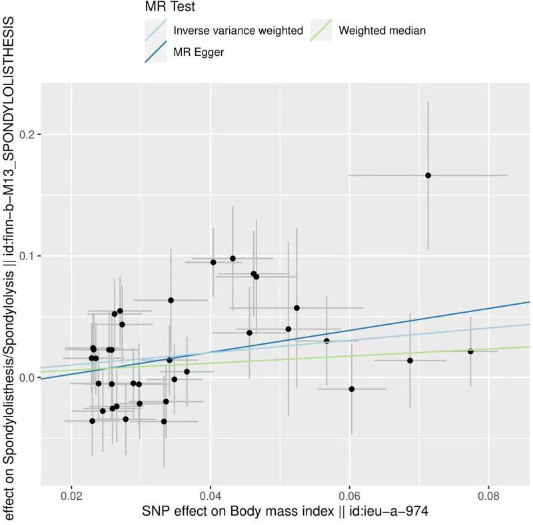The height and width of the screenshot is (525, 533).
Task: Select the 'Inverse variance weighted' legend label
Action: click(238, 31)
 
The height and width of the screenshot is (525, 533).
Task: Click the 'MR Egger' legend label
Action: click(199, 53)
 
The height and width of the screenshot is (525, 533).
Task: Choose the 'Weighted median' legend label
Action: click(382, 31)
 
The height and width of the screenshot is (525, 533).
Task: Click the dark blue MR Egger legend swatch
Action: click(155, 53)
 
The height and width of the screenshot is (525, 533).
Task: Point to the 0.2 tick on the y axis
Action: click(27, 134)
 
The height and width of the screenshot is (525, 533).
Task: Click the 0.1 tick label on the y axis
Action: click(27, 256)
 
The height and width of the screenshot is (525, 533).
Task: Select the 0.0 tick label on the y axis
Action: click(27, 377)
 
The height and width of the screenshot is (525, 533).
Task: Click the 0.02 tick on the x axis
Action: click(71, 496)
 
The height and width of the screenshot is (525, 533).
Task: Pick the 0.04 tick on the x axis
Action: click(211, 496)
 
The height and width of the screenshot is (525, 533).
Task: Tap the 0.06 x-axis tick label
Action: click(350, 496)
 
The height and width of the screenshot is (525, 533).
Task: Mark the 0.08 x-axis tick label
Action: click(488, 496)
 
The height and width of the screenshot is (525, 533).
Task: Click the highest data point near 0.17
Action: click(428, 175)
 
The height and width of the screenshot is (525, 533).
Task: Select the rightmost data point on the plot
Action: click(470, 351)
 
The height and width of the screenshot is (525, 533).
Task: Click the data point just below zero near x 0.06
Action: click(352, 389)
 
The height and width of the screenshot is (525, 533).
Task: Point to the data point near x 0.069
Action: click(410, 361)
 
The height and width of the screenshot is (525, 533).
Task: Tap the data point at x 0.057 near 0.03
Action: click(326, 341)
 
